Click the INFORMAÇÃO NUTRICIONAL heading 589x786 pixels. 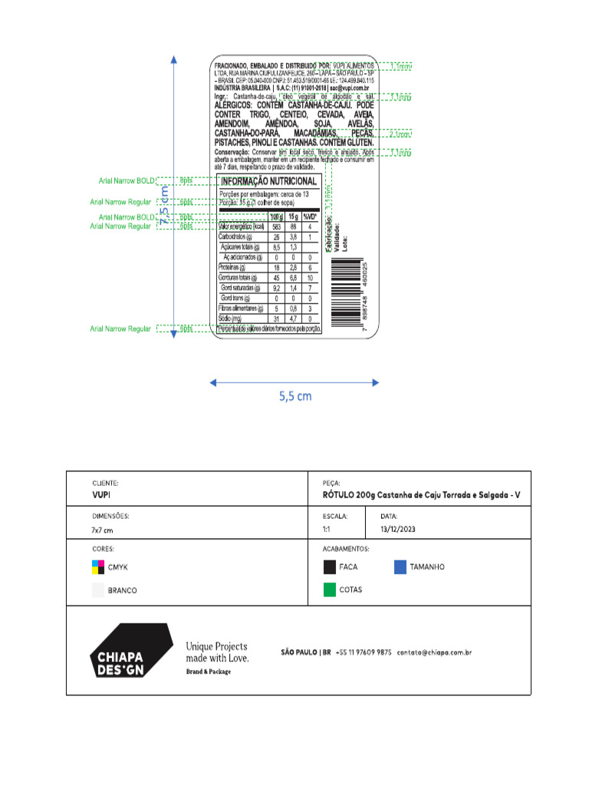(268, 181)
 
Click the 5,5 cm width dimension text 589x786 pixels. (294, 396)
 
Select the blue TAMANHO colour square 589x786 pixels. (400, 567)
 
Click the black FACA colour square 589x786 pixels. (329, 567)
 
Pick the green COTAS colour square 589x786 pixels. (329, 589)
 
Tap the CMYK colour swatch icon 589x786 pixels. (97, 567)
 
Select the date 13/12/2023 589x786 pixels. (400, 530)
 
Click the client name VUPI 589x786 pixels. (101, 496)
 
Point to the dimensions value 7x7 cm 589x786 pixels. (102, 530)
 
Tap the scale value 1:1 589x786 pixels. (327, 530)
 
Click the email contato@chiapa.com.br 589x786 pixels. (434, 652)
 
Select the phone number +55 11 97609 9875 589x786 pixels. (364, 652)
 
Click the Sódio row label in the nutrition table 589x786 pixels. (230, 318)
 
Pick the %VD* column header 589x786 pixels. (310, 216)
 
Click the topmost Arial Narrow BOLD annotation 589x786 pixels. (126, 181)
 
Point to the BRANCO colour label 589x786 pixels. (123, 590)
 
